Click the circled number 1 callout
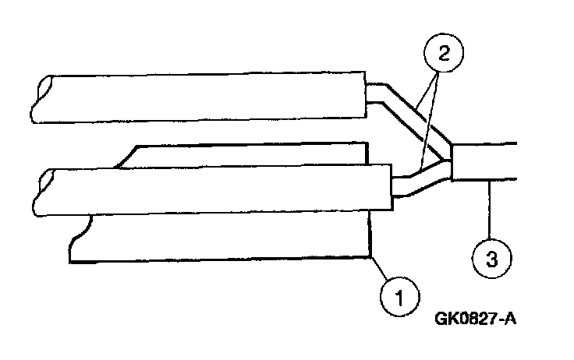(x=397, y=298)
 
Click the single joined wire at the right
(x=487, y=161)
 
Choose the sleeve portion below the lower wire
(x=218, y=238)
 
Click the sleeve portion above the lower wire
(x=250, y=154)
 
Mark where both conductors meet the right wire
(x=452, y=161)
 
